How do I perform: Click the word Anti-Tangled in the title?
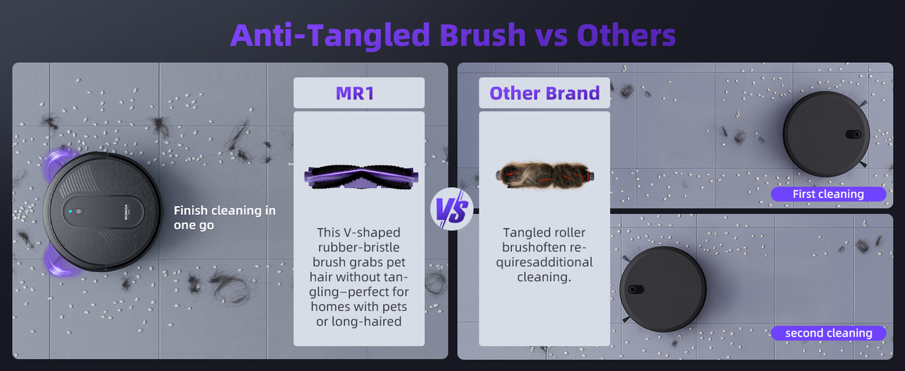(x=329, y=35)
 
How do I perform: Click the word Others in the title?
(x=626, y=35)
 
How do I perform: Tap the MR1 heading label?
(x=355, y=93)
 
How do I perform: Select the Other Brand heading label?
(x=544, y=93)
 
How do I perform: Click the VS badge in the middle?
(x=452, y=209)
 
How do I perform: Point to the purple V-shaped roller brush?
(x=361, y=177)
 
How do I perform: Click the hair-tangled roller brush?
(x=544, y=176)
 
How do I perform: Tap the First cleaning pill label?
(x=828, y=194)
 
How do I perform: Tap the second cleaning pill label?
(x=829, y=333)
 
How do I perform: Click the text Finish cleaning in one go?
(x=225, y=218)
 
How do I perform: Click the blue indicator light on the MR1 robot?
(x=70, y=211)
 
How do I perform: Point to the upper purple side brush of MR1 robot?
(x=59, y=163)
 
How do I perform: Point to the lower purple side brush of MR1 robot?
(x=61, y=260)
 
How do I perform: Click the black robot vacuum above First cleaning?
(x=826, y=134)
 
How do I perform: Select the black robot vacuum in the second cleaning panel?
(x=662, y=289)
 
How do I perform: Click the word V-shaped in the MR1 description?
(x=372, y=233)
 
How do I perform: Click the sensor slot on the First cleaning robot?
(x=853, y=134)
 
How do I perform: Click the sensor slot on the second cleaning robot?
(x=636, y=290)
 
